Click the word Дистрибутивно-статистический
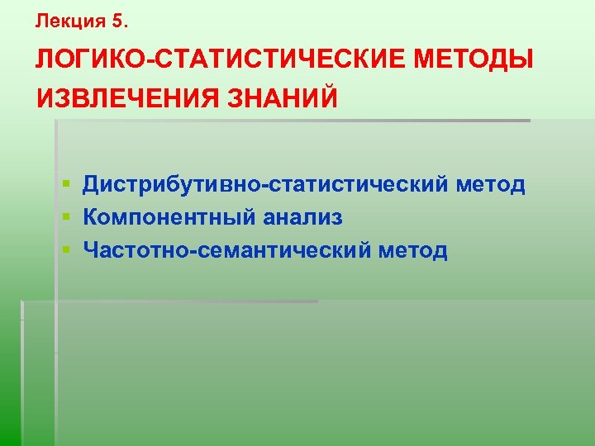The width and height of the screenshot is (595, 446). coord(264,184)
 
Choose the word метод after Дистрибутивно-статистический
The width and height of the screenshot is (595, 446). coord(491,184)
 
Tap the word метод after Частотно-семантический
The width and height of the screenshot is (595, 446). coord(413,250)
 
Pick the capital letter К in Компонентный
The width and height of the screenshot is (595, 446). coord(90,217)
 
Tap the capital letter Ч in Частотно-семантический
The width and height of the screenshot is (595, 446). coord(90,250)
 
